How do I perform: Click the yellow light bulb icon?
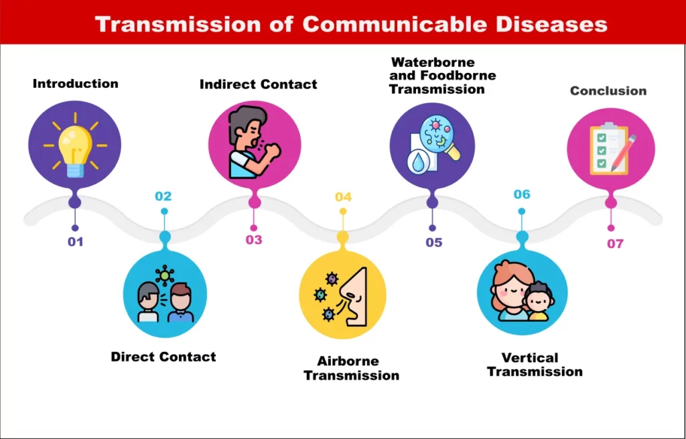click(74, 146)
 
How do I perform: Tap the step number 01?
click(75, 241)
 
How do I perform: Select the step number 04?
click(343, 196)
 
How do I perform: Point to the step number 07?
click(615, 243)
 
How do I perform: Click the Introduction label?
click(75, 84)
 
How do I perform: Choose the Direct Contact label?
click(163, 357)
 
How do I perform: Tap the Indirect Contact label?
click(258, 84)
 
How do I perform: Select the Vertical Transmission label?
click(534, 365)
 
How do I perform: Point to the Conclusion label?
click(608, 90)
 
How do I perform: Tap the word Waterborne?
click(433, 62)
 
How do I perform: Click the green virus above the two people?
click(164, 275)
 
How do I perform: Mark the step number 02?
click(163, 196)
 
